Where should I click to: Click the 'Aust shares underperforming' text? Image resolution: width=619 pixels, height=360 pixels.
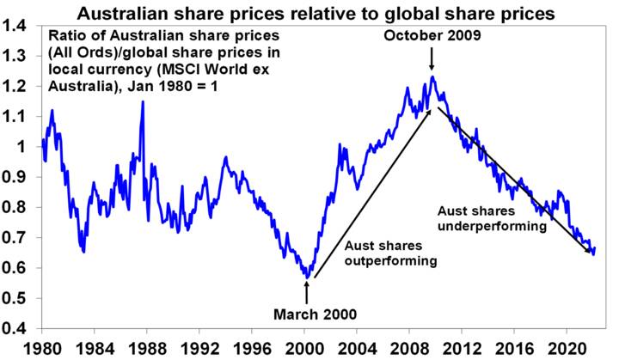click(493, 218)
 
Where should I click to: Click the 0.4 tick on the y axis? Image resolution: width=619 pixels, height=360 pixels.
click(15, 328)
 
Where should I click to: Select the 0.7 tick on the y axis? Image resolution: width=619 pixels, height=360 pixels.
click(15, 238)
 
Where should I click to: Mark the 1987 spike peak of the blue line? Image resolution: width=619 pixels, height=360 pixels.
click(143, 102)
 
